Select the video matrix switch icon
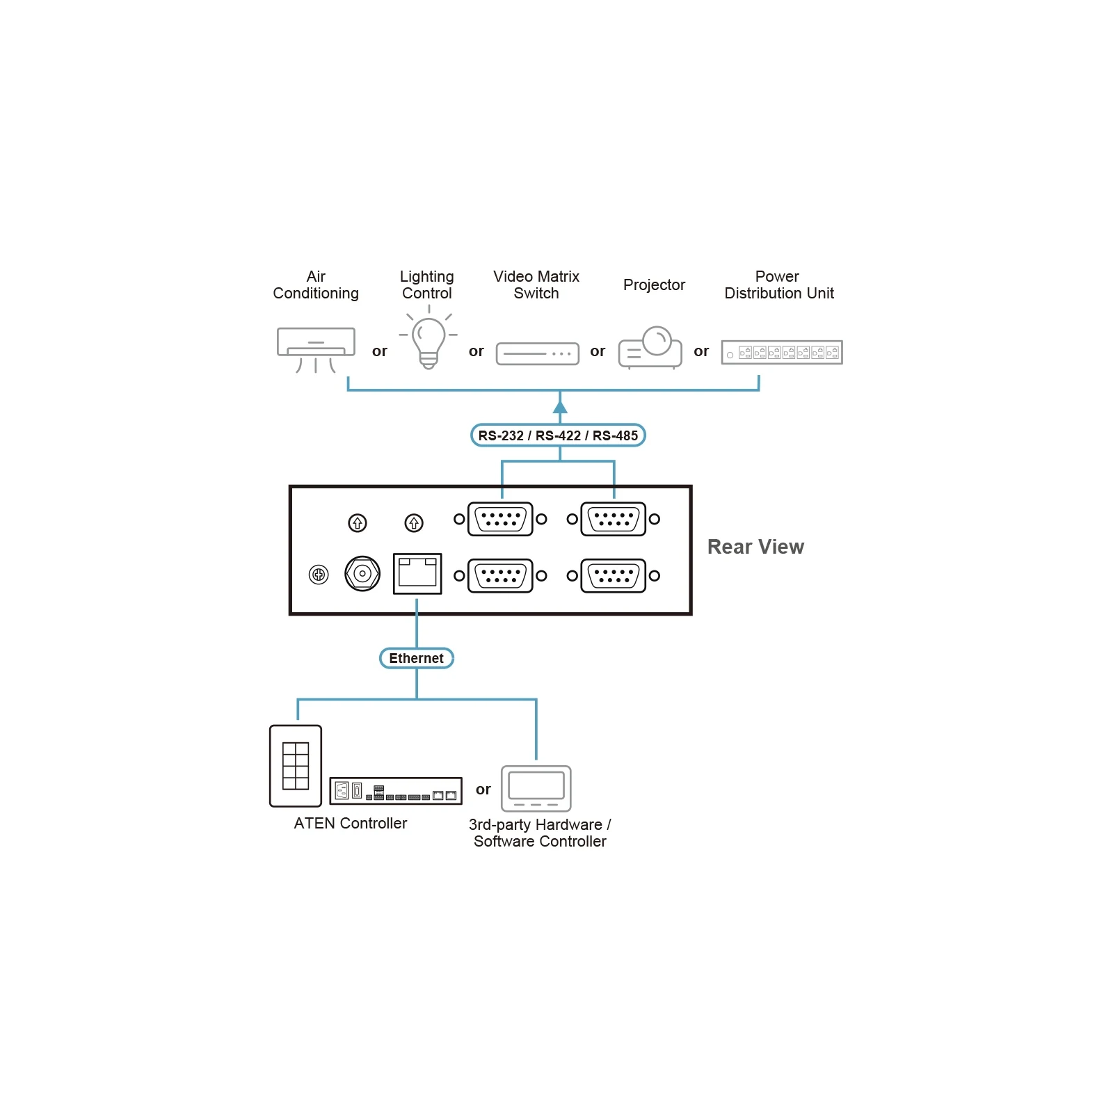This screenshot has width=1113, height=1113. click(537, 353)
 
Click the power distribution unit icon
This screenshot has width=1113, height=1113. click(782, 352)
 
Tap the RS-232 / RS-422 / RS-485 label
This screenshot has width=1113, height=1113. click(558, 435)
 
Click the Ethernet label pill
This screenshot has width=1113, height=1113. click(417, 658)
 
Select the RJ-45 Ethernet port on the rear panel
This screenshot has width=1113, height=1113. click(417, 574)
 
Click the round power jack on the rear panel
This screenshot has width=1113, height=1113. click(362, 574)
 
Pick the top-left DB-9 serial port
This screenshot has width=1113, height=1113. click(500, 519)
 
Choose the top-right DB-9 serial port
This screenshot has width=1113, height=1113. click(613, 519)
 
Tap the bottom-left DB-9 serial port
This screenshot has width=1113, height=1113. click(500, 576)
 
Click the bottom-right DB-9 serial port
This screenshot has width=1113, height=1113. click(613, 576)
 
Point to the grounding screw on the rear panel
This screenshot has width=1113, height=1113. click(319, 575)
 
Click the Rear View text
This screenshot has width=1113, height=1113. click(755, 547)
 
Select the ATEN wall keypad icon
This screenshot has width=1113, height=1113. click(296, 766)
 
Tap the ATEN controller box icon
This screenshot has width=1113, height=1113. click(396, 791)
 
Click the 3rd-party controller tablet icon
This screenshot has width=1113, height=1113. click(536, 788)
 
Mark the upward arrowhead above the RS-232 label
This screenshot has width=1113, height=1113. click(560, 406)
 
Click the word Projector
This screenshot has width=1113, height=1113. click(654, 285)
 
